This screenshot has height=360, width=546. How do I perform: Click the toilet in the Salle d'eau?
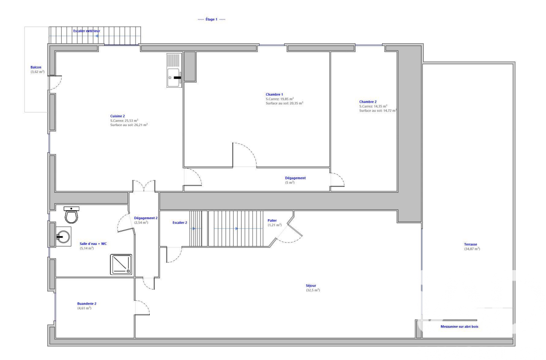pyautogui.click(x=71, y=215)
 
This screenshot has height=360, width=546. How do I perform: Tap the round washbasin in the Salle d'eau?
pyautogui.click(x=63, y=236)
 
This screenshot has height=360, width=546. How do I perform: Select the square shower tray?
pyautogui.click(x=121, y=264)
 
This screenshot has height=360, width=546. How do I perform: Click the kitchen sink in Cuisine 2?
pyautogui.click(x=174, y=70)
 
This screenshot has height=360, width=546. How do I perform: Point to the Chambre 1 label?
pyautogui.click(x=274, y=94)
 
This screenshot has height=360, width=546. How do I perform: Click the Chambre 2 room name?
pyautogui.click(x=368, y=101)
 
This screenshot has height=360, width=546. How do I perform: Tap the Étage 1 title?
pyautogui.click(x=211, y=19)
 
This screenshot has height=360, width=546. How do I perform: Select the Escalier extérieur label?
pyautogui.click(x=86, y=31)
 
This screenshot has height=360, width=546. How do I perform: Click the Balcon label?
pyautogui.click(x=36, y=67)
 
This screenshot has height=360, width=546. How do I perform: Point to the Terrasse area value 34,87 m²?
pyautogui.click(x=472, y=249)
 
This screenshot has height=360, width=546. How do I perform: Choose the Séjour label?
pyautogui.click(x=311, y=286)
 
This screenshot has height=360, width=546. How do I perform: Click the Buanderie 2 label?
pyautogui.click(x=87, y=303)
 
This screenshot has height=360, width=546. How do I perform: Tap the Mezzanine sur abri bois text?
pyautogui.click(x=460, y=326)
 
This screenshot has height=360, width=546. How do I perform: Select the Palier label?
pyautogui.click(x=272, y=221)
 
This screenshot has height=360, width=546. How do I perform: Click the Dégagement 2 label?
pyautogui.click(x=146, y=218)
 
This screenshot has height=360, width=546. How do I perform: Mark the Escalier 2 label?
pyautogui.click(x=180, y=223)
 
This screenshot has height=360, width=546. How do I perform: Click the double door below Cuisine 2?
pyautogui.click(x=144, y=186)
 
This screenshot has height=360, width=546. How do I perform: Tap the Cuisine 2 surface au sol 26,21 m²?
pyautogui.click(x=129, y=125)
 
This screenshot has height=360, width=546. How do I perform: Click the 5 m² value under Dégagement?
pyautogui.click(x=290, y=182)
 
